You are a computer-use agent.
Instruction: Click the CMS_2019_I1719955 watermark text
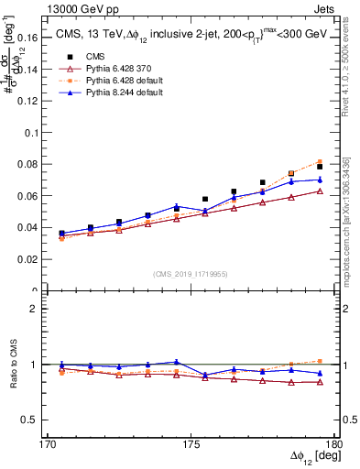191,274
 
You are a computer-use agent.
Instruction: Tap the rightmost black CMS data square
320,167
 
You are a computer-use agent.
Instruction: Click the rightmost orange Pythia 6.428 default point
320,161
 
